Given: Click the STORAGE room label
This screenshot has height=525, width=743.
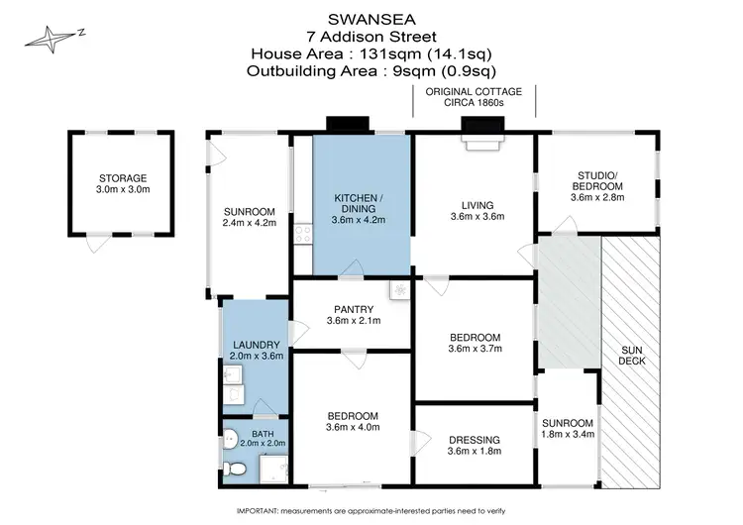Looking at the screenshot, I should pyautogui.click(x=122, y=177).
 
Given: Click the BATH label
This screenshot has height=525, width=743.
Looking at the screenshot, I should pyautogui.click(x=262, y=434).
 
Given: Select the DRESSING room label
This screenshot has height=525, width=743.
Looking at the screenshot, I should pyautogui.click(x=476, y=440).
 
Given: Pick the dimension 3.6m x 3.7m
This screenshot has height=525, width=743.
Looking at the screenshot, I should pyautogui.click(x=476, y=349).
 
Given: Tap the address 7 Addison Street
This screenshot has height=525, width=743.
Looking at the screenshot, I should pyautogui.click(x=371, y=37).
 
